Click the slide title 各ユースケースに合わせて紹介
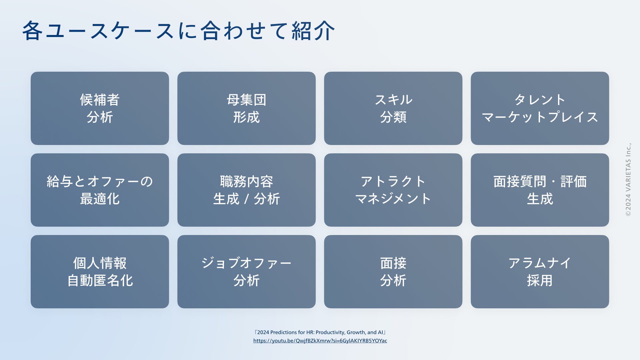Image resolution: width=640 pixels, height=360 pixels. pos(178,31)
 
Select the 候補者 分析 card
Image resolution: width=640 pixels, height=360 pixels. pos(100,108)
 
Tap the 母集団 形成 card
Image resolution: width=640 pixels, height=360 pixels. pos(246,108)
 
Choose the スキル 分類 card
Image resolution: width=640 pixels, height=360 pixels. pos(393,108)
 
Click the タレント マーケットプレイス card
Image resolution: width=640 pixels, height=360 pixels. pos(540,108)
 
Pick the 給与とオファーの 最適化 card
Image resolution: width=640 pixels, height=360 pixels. pos(100,190)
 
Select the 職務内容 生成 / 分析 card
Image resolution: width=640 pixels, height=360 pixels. pos(246,190)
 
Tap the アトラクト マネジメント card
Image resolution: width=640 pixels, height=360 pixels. pos(393,190)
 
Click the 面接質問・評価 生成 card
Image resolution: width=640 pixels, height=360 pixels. pos(540,190)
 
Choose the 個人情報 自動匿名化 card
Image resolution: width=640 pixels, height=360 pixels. pos(100,272)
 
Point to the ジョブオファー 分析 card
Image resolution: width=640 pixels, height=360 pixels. pos(246,272)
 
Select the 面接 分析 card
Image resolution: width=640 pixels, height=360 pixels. pos(393,272)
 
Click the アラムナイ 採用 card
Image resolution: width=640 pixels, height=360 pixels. pos(540,272)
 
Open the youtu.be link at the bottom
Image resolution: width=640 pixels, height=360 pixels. pos(320,341)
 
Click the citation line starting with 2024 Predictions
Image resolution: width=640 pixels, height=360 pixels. pos(320,332)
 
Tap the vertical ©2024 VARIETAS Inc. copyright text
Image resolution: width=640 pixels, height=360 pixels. pos(628,180)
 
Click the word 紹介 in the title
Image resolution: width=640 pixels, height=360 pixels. pos(313,31)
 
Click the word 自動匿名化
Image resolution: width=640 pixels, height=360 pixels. pos(100,281)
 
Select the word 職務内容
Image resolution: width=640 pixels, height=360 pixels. pos(246,182)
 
